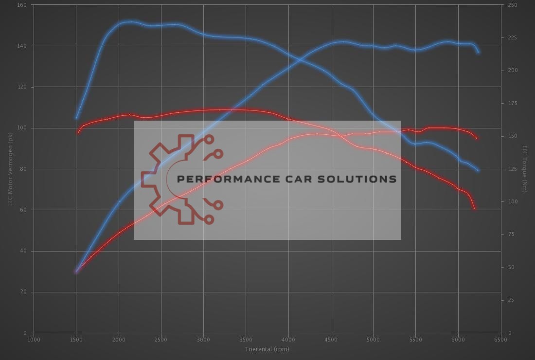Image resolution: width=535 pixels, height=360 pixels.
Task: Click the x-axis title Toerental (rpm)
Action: [267, 349]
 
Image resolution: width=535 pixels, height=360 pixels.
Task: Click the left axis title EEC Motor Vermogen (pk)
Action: [10, 168]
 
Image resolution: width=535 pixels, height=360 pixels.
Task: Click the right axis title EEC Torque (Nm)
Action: [525, 168]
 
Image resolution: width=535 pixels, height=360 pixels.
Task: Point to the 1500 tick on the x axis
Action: [76, 340]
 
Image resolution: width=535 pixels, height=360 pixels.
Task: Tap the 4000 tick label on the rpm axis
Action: [288, 340]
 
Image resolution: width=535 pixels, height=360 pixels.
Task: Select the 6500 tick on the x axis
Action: [500, 340]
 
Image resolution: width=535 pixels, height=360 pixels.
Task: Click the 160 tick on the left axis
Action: [23, 5]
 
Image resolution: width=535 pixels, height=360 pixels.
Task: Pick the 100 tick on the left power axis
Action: [23, 128]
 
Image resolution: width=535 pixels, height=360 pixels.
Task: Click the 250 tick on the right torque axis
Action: [513, 5]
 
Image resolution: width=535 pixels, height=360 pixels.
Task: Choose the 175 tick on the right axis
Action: [513, 104]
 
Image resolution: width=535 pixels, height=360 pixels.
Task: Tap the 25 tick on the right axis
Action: [511, 300]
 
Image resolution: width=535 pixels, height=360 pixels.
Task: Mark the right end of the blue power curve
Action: [479, 52]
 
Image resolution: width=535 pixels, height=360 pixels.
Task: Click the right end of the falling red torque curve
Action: [474, 208]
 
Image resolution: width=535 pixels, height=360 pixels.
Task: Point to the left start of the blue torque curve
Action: [76, 118]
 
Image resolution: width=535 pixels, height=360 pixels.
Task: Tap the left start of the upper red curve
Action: [78, 132]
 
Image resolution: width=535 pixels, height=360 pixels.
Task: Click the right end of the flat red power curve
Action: [477, 139]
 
